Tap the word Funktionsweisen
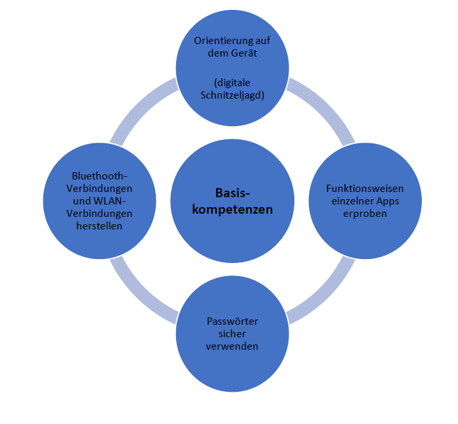365,188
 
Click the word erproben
365,214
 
